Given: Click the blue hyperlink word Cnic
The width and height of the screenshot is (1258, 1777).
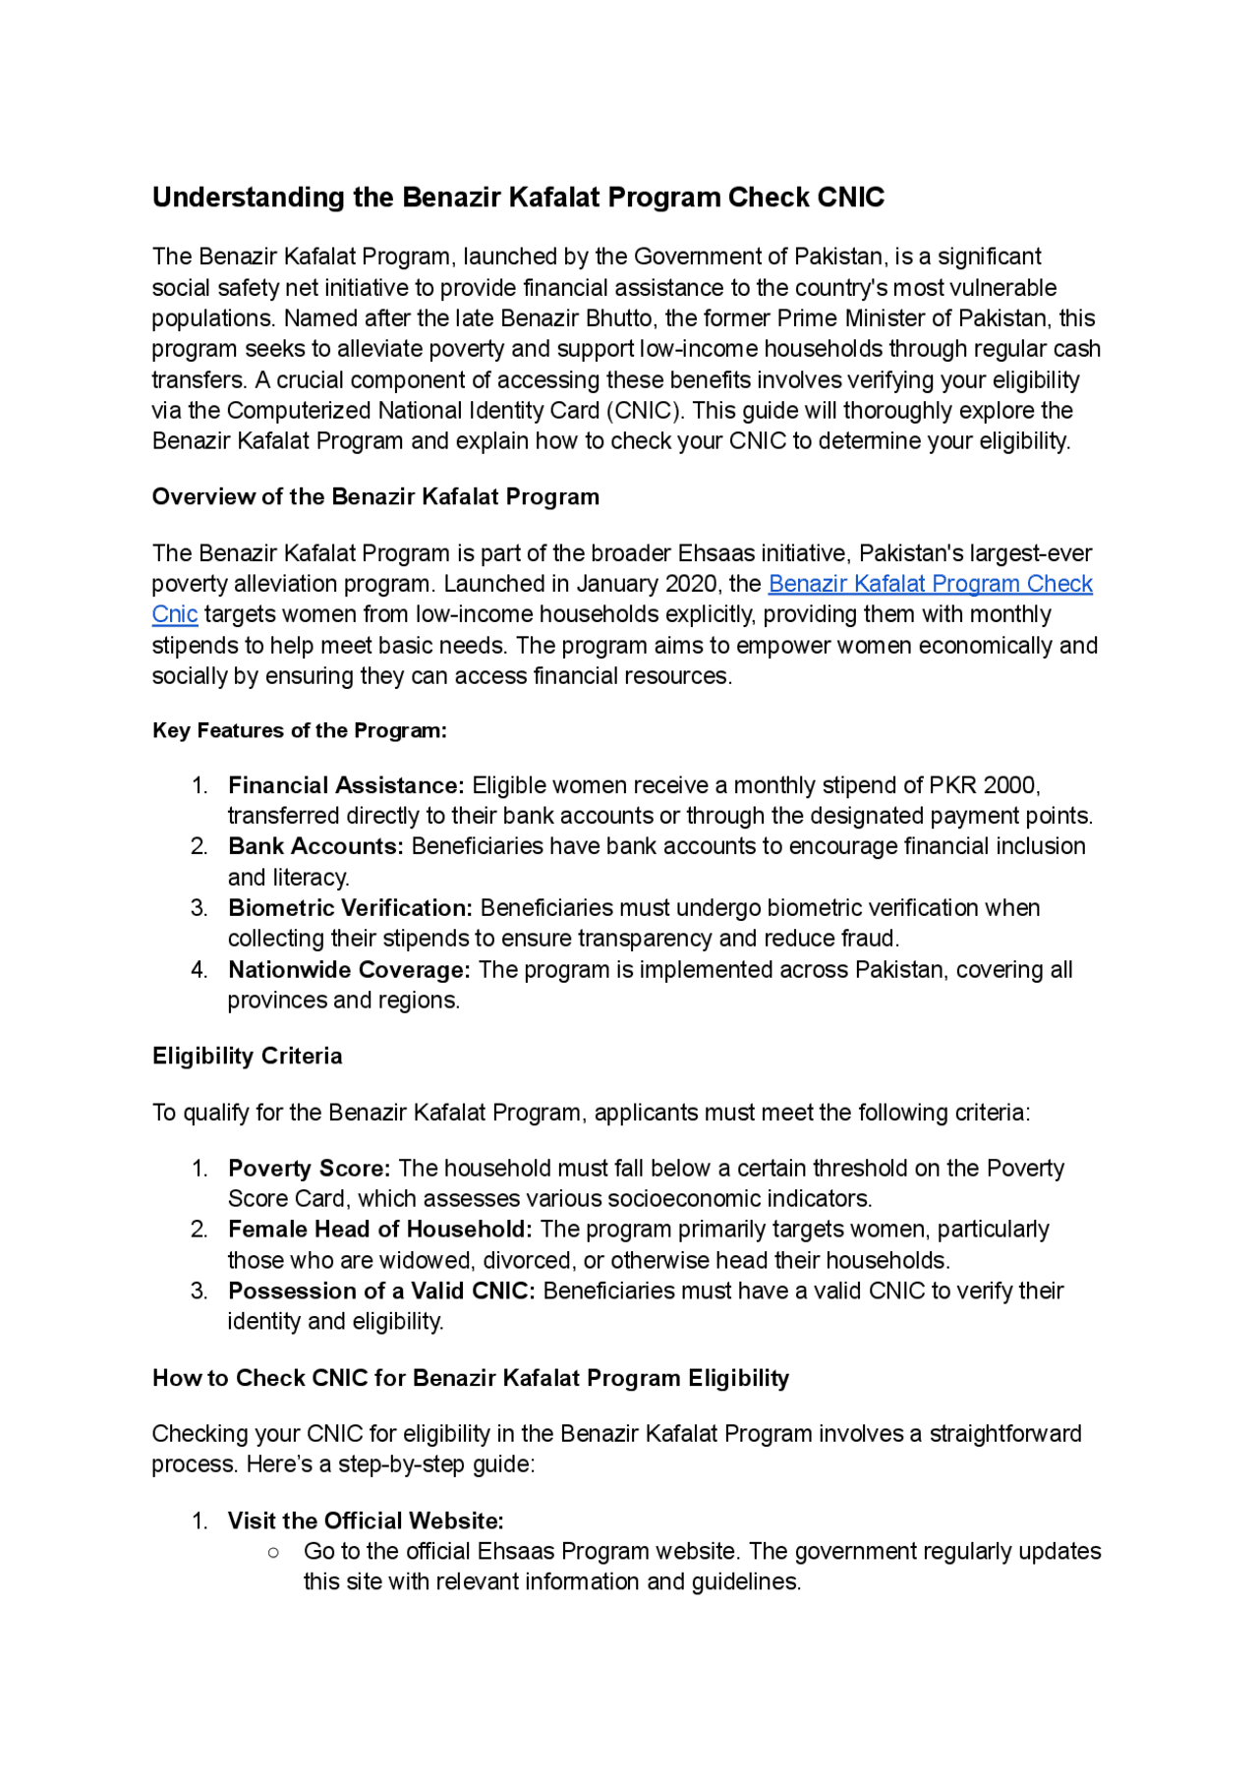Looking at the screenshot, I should coord(175,614).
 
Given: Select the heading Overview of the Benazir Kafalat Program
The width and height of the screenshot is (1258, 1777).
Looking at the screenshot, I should coord(375,496).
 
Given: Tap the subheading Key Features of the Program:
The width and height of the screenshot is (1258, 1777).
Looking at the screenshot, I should coord(300,730).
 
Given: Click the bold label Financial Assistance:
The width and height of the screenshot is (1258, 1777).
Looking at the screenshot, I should coord(346,785).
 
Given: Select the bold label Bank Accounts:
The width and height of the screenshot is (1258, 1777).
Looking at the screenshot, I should coord(315,846).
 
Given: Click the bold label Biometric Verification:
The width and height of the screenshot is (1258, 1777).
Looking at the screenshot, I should coord(350,907).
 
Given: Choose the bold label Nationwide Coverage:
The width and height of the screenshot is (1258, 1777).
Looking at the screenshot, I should coord(349,969).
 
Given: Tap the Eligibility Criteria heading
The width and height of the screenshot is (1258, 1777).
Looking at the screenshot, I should coord(248,1056).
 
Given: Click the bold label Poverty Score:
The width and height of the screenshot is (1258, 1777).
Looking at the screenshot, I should coord(309,1168).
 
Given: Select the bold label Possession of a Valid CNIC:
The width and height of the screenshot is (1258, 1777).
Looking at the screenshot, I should coord(381,1290).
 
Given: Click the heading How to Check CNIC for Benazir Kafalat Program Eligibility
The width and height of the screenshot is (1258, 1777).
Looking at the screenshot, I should coord(471,1378).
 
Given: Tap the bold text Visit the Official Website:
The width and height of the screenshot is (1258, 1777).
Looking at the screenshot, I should coord(366,1520).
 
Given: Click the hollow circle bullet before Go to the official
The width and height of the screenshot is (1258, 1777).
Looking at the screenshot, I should coord(273,1552).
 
